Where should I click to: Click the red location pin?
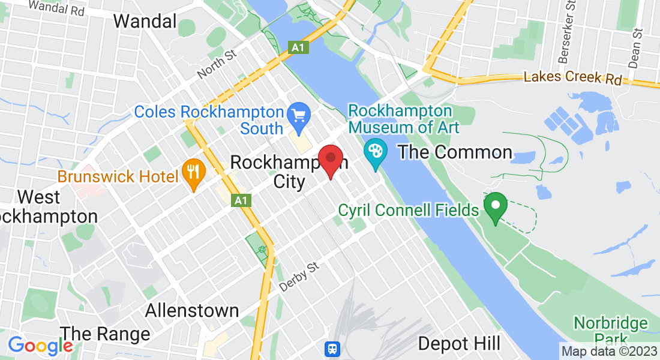330,159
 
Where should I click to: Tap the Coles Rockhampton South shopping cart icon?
298,113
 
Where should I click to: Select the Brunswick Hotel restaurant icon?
193,175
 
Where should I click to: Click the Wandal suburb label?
145,22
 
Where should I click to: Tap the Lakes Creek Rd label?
572,78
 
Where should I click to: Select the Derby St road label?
299,277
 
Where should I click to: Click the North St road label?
217,64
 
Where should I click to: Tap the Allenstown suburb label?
192,310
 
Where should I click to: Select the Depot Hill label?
459,343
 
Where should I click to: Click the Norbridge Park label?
610,331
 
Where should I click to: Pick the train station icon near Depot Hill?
331,349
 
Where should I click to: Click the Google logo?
40,346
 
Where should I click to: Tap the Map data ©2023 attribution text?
609,351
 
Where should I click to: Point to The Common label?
455,152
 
